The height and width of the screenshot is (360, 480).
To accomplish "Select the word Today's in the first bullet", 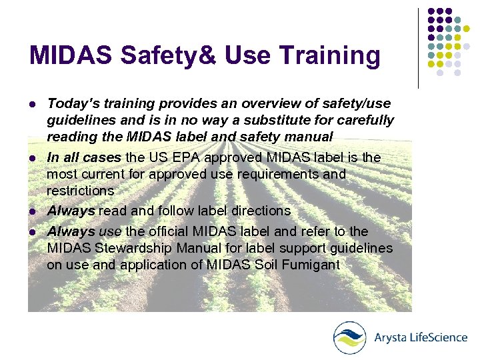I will point(73,103).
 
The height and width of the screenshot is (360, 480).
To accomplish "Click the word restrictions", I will point(80,191).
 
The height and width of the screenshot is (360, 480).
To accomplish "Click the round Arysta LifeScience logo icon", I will point(350,337).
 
